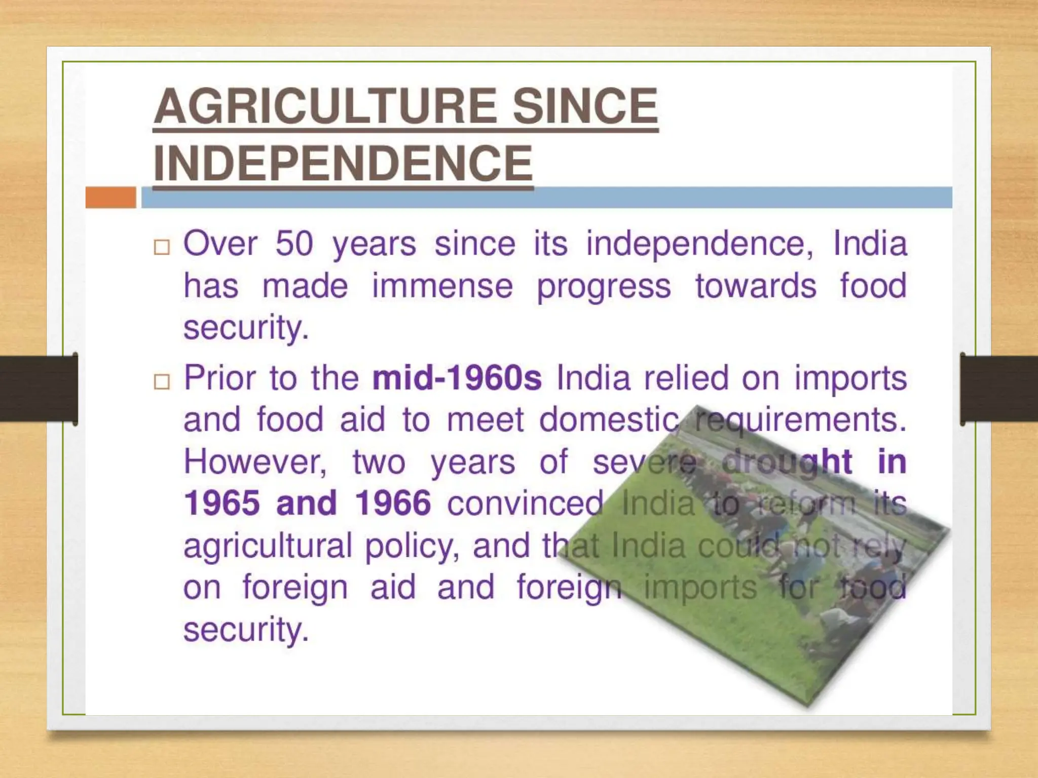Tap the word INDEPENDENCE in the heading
point(343,163)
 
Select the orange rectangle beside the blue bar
point(110,197)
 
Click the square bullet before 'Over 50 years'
point(162,247)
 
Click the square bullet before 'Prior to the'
point(162,381)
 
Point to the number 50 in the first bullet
point(294,244)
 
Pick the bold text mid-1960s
point(457,378)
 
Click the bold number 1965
point(222,503)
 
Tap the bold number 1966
point(393,503)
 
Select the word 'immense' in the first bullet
point(442,286)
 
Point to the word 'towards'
point(756,286)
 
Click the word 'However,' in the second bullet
point(255,462)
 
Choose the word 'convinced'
point(525,503)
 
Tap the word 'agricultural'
point(268,546)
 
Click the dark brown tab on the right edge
point(999,388)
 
